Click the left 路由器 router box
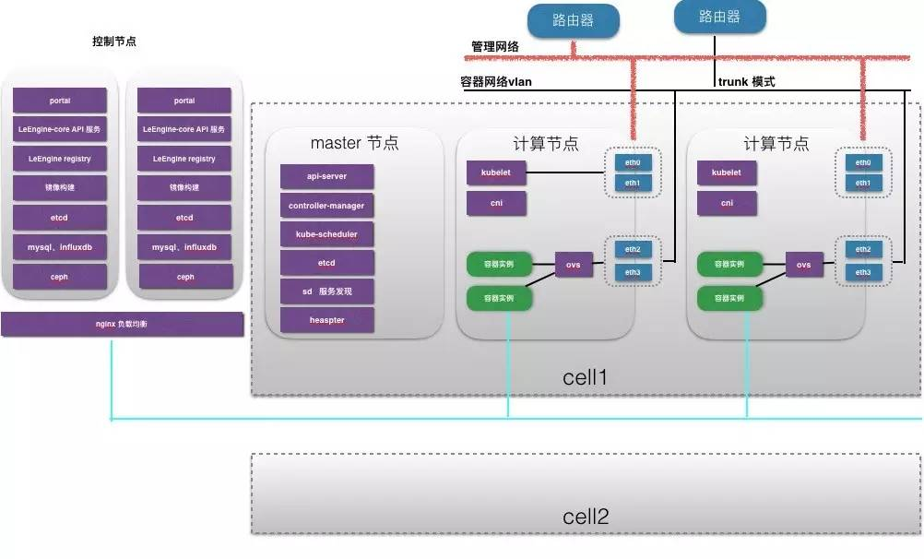573,20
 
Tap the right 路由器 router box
719,17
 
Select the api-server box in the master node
326,176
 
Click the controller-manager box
326,206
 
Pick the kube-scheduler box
326,234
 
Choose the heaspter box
326,320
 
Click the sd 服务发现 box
326,291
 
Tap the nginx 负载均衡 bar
122,324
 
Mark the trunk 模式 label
746,81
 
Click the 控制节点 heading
114,42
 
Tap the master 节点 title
354,143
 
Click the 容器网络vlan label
496,81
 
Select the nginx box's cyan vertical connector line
111,378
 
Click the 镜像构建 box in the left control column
60,188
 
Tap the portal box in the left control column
60,101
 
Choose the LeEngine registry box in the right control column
184,159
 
